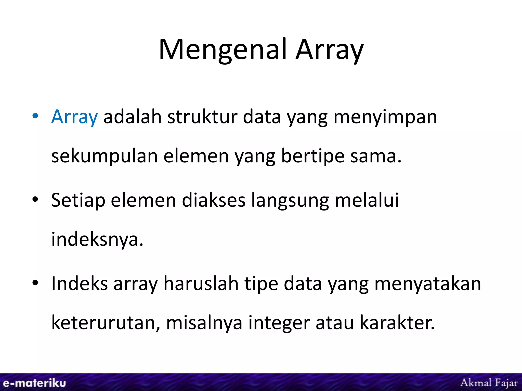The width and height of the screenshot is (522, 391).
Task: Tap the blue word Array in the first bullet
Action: point(74,117)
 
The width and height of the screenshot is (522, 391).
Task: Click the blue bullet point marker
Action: point(35,116)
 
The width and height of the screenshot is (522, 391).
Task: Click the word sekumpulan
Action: point(105,156)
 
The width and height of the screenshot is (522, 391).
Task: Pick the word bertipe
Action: point(313,156)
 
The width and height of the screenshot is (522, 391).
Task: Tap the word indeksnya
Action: point(97,240)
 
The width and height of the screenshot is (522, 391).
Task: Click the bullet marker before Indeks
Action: point(35,283)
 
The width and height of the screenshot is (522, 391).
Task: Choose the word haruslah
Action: point(201,284)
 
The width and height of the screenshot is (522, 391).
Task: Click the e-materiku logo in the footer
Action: point(34,383)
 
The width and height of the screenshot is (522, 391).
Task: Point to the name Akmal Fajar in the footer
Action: point(489,383)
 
